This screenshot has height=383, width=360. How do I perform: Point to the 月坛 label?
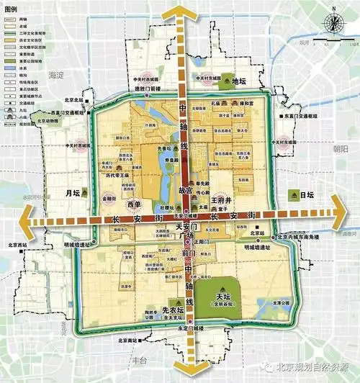pos(71,194)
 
